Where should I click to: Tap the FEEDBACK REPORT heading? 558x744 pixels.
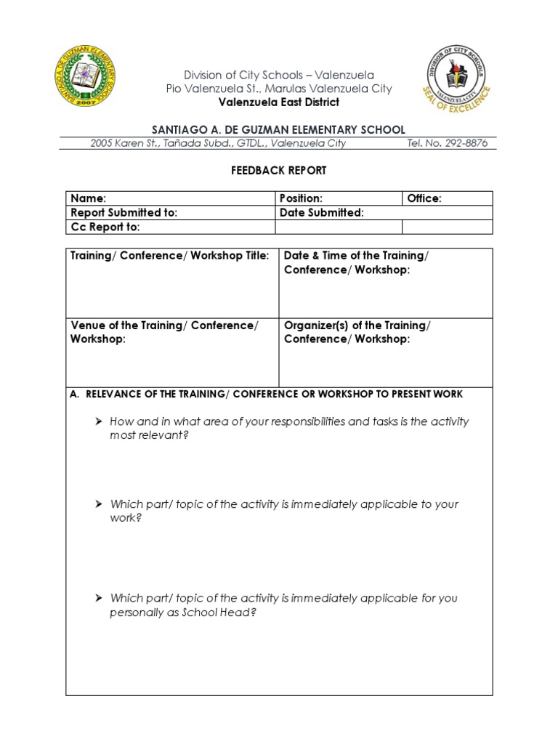click(x=279, y=171)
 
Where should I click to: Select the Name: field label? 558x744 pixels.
click(x=88, y=198)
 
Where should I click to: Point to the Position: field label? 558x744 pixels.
click(x=301, y=198)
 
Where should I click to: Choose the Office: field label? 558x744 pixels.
click(x=424, y=198)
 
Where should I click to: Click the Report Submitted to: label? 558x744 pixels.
click(x=124, y=213)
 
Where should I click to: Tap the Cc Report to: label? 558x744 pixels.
click(x=105, y=227)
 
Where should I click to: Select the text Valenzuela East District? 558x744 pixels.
click(x=278, y=102)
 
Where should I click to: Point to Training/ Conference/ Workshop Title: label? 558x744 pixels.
click(x=169, y=256)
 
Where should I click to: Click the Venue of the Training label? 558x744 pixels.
click(x=163, y=325)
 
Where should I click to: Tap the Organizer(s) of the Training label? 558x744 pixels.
click(x=356, y=325)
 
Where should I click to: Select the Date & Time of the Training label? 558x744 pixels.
click(x=355, y=256)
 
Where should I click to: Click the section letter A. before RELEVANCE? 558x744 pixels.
click(x=74, y=395)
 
